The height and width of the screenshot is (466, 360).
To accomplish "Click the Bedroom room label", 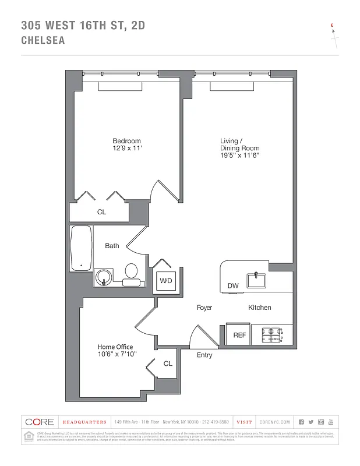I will click(126, 141).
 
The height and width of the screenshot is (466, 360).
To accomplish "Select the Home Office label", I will click(115, 347).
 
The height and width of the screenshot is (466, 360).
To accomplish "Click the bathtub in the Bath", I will click(81, 249).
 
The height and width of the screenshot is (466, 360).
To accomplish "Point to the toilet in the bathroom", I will click(131, 271).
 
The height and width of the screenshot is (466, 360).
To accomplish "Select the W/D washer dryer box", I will click(165, 281).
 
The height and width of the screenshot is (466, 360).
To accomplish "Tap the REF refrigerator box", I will click(239, 335).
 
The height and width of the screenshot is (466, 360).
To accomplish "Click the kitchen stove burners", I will click(272, 335).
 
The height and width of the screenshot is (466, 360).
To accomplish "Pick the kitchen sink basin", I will click(256, 280).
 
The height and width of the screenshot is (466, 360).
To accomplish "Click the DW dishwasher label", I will click(233, 286).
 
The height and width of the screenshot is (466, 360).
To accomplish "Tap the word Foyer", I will click(204, 308).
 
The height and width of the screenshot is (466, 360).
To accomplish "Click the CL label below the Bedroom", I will click(101, 212).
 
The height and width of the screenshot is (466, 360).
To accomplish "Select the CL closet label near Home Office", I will click(168, 363).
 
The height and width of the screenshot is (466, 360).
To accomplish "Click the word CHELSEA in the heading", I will click(43, 41).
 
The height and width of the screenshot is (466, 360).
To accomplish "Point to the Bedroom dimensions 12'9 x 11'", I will click(126, 149).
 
